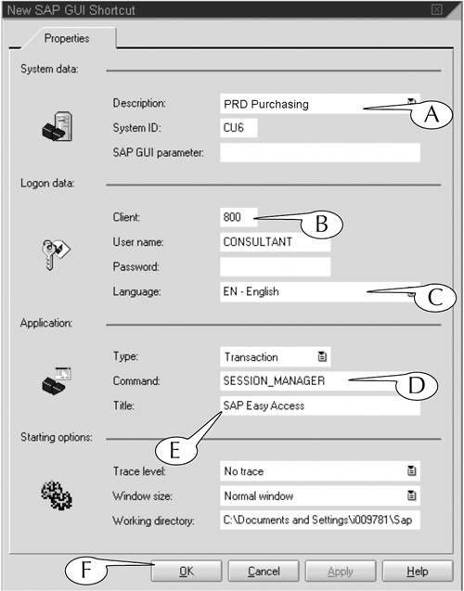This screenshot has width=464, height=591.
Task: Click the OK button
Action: pyautogui.click(x=187, y=572)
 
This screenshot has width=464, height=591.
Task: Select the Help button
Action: pyautogui.click(x=418, y=572)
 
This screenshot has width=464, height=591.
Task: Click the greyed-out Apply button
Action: pyautogui.click(x=341, y=572)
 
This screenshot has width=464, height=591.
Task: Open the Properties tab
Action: pyautogui.click(x=67, y=38)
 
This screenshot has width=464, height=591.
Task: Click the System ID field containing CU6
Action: pyautogui.click(x=238, y=128)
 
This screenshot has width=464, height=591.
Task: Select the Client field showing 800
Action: pyautogui.click(x=238, y=217)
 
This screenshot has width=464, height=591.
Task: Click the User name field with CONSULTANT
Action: pyautogui.click(x=276, y=242)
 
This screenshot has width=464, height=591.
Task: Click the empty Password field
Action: pyautogui.click(x=276, y=267)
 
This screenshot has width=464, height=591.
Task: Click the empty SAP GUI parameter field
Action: pyautogui.click(x=320, y=153)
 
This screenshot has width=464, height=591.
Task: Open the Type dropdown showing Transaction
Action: pyautogui.click(x=276, y=357)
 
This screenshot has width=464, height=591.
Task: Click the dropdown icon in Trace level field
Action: pyautogui.click(x=412, y=470)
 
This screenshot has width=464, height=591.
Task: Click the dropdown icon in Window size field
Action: pyautogui.click(x=412, y=495)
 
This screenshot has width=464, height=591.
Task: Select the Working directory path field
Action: pyautogui.click(x=320, y=520)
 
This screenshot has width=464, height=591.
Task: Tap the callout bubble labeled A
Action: pyautogui.click(x=432, y=114)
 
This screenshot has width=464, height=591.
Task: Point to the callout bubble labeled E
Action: pyautogui.click(x=175, y=450)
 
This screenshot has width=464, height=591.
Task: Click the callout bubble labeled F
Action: pyautogui.click(x=86, y=570)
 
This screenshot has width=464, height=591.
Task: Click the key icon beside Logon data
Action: pyautogui.click(x=57, y=254)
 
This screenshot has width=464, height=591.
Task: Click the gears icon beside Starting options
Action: pyautogui.click(x=57, y=495)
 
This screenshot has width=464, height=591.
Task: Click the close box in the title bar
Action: pyautogui.click(x=436, y=9)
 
